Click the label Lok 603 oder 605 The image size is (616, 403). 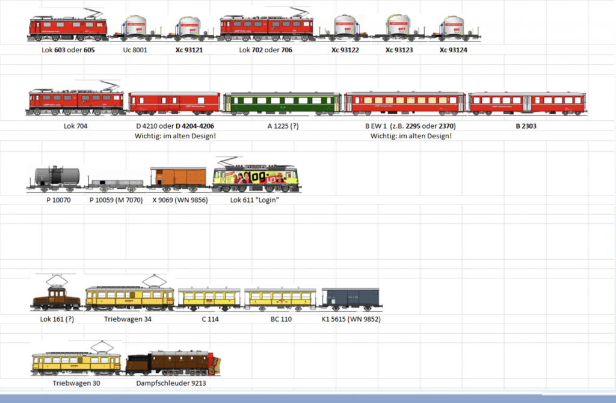point(69,50)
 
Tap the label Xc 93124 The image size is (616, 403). point(454,50)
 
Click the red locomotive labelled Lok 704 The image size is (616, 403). point(76,101)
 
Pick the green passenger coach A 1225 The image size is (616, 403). point(282,103)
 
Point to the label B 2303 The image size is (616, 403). point(526,126)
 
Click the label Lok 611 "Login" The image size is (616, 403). point(254,200)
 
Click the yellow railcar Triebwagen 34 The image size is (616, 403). point(129,297)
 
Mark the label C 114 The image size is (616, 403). point(210,319)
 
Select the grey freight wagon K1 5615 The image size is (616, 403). point(350,299)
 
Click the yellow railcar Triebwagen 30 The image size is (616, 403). point(76,362)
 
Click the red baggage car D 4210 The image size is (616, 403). point(174,103)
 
